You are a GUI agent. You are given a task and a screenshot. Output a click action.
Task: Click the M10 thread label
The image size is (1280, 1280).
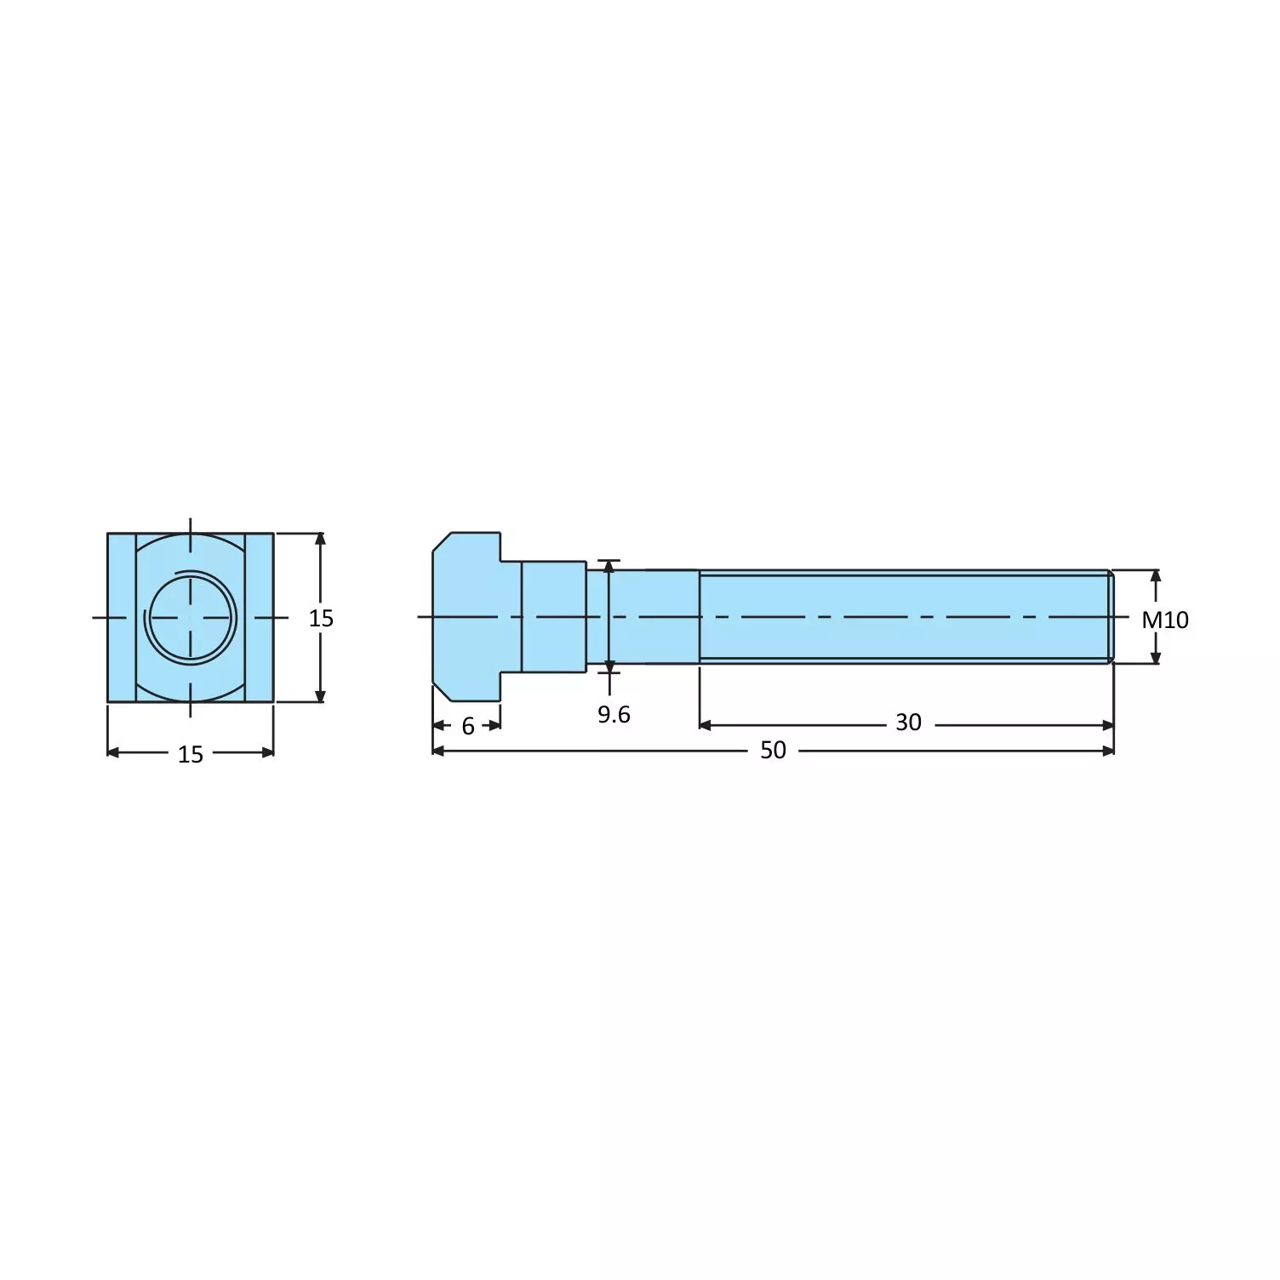(x=1164, y=620)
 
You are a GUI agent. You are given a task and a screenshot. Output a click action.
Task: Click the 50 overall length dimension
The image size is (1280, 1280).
(x=773, y=750)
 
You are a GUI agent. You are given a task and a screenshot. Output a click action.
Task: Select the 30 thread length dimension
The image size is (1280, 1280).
(x=908, y=723)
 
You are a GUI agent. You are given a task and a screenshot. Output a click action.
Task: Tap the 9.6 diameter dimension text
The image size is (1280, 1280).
(x=614, y=714)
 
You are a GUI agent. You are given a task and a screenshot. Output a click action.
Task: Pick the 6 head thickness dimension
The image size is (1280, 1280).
(x=468, y=726)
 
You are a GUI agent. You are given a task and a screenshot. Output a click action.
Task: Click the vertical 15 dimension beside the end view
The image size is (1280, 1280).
(x=321, y=618)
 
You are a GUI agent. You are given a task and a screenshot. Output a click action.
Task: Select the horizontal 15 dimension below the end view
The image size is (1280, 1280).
(x=191, y=754)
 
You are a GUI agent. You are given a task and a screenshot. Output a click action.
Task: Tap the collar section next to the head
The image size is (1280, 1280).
(x=553, y=617)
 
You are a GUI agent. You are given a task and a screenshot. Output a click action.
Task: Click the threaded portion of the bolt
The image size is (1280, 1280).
(x=902, y=617)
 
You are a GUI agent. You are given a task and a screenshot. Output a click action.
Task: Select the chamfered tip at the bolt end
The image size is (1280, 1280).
(x=1111, y=617)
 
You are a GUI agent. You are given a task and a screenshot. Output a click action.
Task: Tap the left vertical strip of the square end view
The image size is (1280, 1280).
(x=122, y=617)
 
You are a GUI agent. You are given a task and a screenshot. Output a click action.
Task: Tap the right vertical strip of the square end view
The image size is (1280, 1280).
(x=260, y=617)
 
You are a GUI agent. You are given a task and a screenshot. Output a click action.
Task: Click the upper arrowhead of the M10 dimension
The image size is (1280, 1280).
(x=1155, y=576)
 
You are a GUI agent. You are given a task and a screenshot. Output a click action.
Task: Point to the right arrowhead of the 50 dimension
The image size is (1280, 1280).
(x=1108, y=751)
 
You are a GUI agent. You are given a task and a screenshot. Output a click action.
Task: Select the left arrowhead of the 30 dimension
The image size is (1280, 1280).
(x=705, y=725)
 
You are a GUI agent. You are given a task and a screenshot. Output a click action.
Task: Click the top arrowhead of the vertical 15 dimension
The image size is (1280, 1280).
(x=320, y=539)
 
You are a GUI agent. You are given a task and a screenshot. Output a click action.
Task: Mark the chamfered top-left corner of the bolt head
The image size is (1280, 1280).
(x=442, y=541)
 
